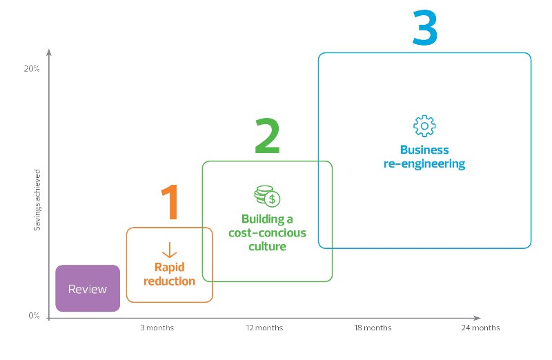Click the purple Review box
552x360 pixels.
88,288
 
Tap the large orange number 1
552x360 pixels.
171,202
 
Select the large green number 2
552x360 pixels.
267,136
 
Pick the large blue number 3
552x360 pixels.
425,28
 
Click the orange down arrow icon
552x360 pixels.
169,250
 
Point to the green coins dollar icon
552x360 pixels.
267,196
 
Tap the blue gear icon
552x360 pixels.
424,126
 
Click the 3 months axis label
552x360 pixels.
157,328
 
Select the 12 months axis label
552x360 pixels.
264,328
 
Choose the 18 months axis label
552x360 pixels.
373,328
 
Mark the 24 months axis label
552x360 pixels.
480,328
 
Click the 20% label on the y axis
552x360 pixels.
32,69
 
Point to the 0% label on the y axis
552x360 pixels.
34,315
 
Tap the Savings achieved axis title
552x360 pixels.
37,200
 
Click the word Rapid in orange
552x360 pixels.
169,268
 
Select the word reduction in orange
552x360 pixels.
169,281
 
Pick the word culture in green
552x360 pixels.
267,246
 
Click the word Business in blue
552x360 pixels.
424,150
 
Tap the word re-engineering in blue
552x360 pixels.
424,163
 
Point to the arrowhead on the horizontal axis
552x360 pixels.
477,318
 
